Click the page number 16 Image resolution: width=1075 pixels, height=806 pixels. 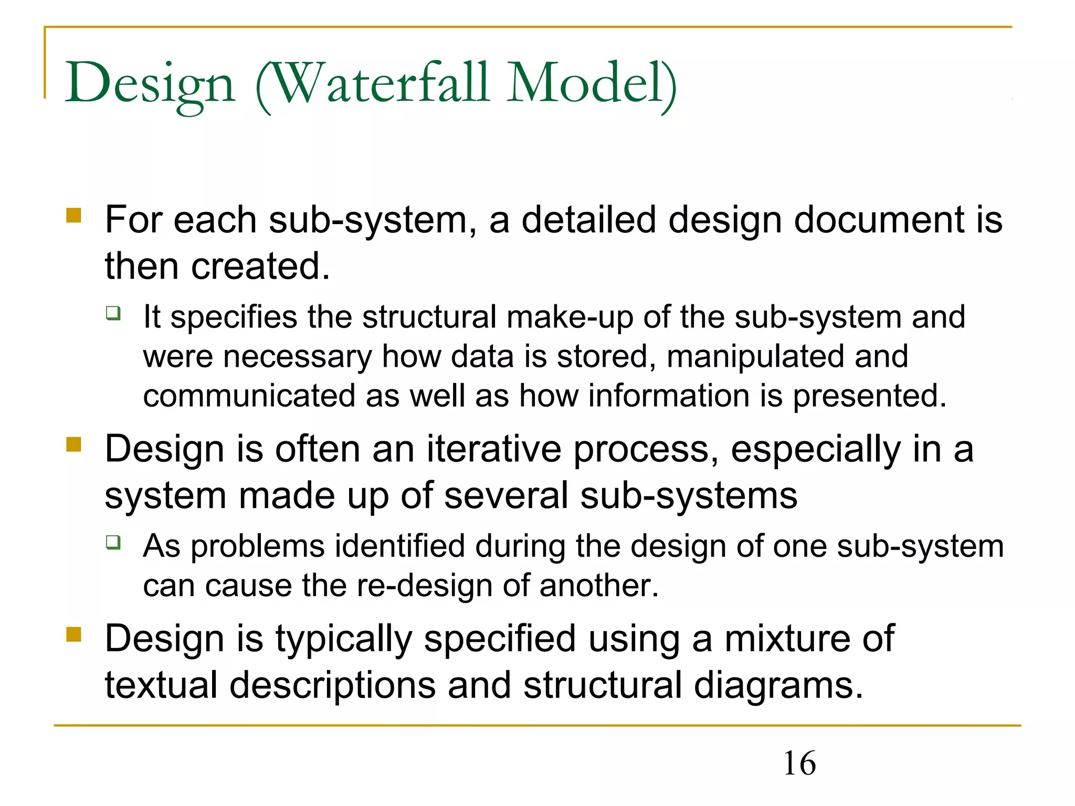pos(799,763)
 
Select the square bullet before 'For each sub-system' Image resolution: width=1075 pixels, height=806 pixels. pos(74,215)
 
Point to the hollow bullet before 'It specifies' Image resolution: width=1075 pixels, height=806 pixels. pos(113,313)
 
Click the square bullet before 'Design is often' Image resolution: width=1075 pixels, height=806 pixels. pos(74,444)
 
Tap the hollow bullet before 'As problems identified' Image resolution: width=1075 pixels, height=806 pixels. pos(113,542)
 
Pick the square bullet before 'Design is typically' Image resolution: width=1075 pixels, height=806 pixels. pos(74,634)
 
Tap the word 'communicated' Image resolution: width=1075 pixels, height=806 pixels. pos(249,396)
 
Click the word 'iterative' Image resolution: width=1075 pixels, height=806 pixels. pos(493,449)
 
